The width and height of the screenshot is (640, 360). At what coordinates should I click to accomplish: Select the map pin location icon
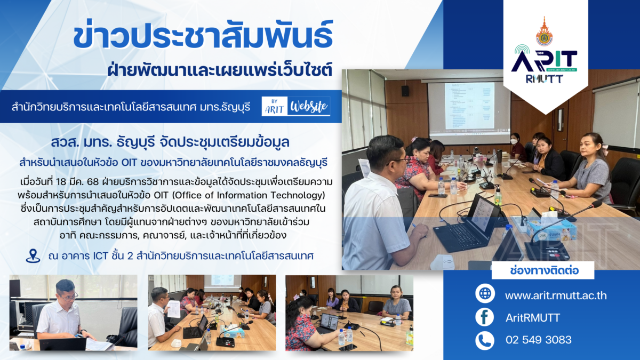click(x=33, y=255)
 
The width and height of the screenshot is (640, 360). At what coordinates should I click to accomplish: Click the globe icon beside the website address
click(x=485, y=293)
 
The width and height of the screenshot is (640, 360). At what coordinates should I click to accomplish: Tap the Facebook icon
click(x=485, y=317)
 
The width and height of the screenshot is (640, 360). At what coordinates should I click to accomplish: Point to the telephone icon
click(x=485, y=340)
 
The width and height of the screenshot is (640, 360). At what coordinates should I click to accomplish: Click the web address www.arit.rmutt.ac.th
click(x=556, y=295)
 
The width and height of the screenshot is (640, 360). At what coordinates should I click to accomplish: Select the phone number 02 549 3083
click(x=539, y=340)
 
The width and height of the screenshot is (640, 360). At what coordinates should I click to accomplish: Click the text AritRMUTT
click(x=533, y=318)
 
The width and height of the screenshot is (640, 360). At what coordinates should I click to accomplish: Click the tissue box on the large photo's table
click(x=551, y=229)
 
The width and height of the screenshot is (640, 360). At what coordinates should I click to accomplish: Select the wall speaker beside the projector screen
click(x=405, y=91)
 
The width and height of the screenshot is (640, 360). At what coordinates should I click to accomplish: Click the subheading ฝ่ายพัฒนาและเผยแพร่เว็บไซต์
click(x=220, y=70)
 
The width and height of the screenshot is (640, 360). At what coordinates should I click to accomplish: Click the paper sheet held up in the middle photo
click(x=173, y=309)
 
